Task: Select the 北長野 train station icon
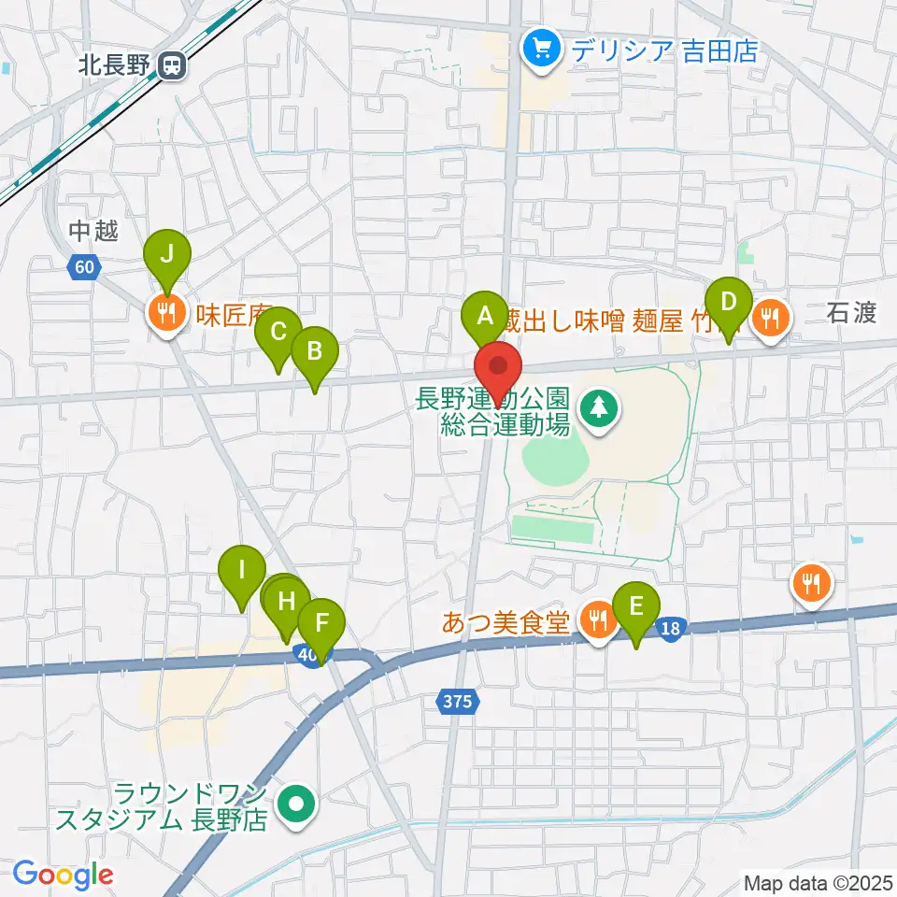[171, 65]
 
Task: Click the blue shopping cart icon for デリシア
[541, 49]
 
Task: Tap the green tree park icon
[597, 406]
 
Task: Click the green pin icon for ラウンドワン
[296, 804]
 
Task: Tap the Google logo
[63, 876]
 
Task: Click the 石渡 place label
[850, 313]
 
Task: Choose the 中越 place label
[93, 231]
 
